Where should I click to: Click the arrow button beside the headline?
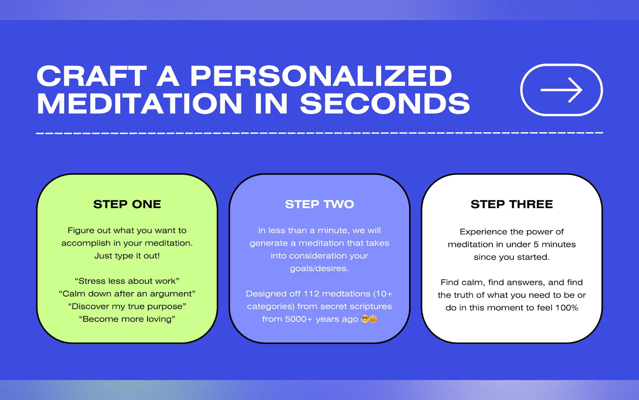[x=561, y=90]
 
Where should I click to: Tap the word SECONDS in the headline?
[x=385, y=104]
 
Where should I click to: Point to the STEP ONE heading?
[x=127, y=204]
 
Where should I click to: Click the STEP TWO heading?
[x=319, y=204]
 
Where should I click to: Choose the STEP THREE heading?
[x=512, y=204]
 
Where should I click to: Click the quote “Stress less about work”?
[x=127, y=281]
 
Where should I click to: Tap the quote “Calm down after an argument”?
[x=127, y=294]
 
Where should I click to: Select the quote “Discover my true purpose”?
[x=127, y=306]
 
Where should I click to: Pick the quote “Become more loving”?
[x=127, y=319]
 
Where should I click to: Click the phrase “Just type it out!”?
[x=127, y=256]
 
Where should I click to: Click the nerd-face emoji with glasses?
[x=365, y=319]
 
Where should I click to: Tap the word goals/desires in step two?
[x=319, y=269]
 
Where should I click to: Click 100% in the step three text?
[x=567, y=308]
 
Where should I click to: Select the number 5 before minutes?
[x=536, y=244]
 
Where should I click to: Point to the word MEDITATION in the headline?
[x=139, y=104]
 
